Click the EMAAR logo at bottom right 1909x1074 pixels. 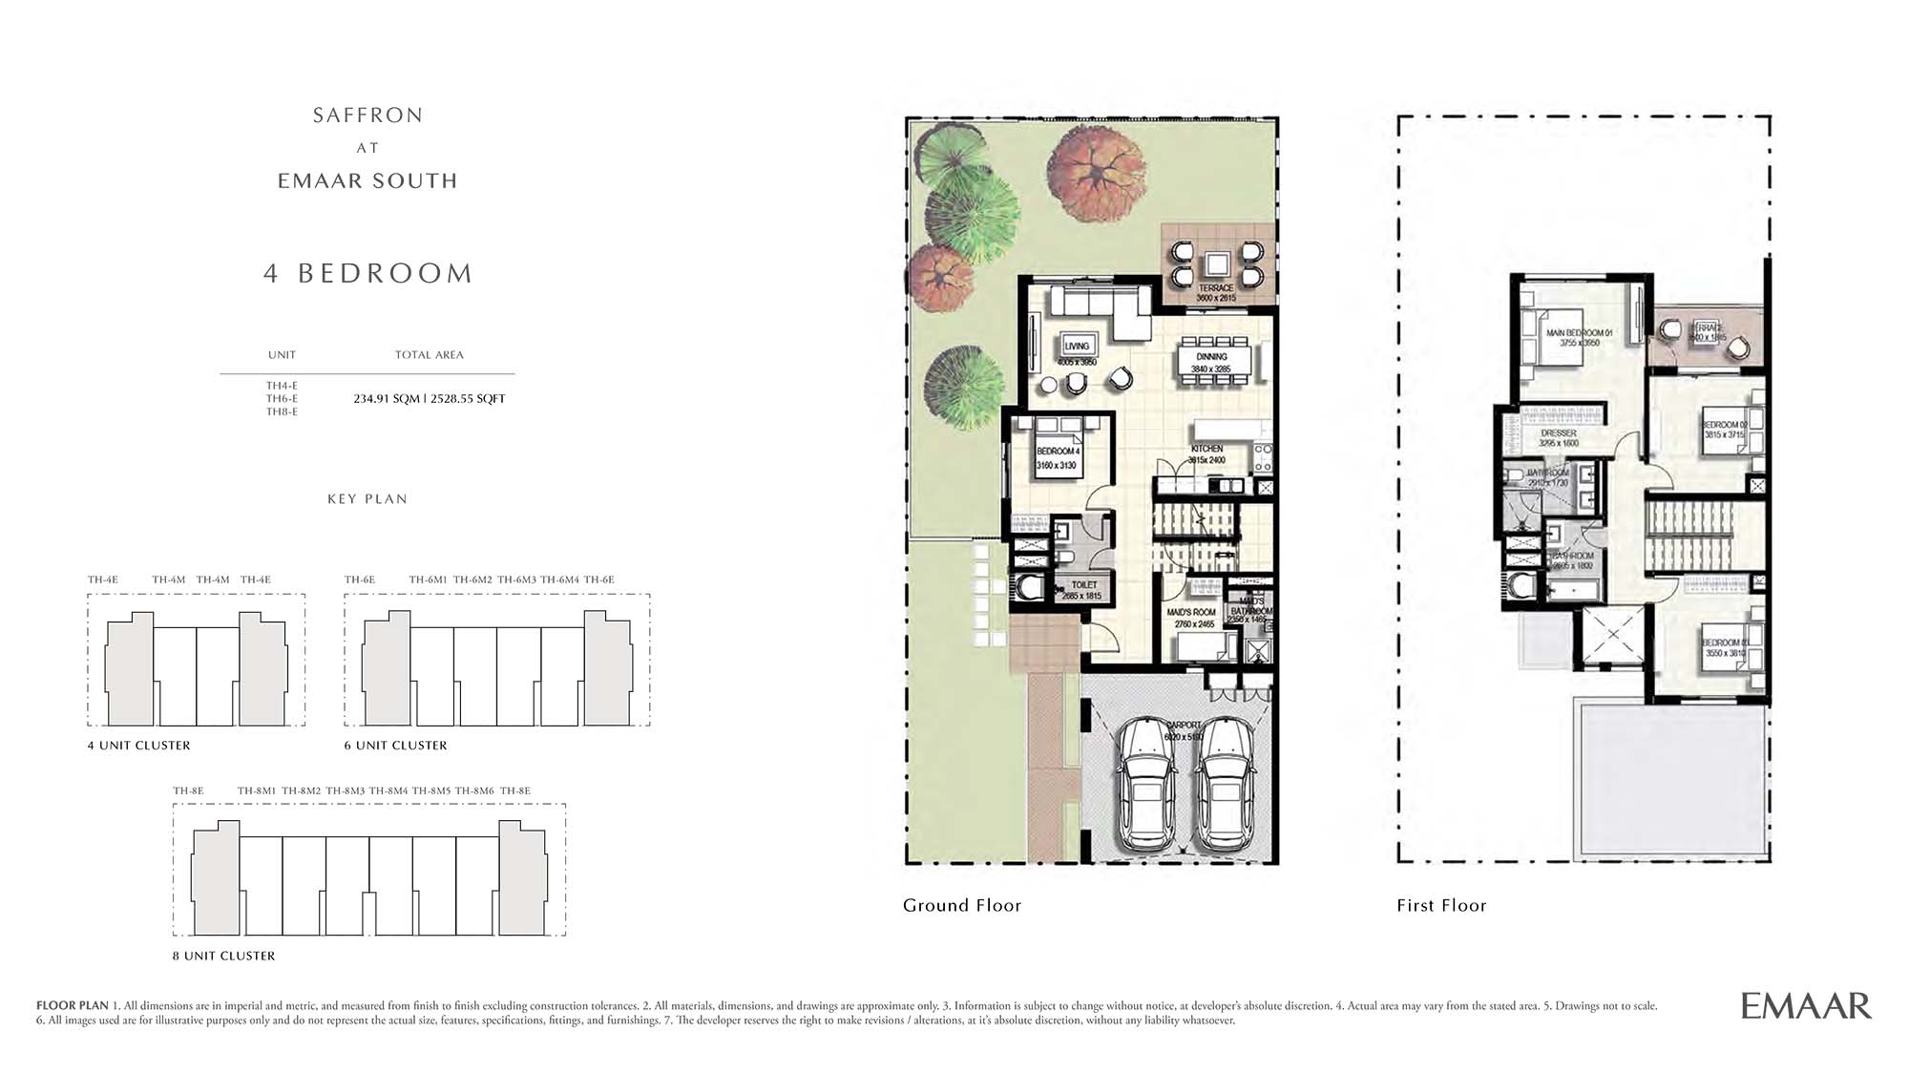[x=1805, y=1005]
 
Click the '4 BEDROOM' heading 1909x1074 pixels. [x=368, y=273]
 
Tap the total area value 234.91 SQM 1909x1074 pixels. [x=387, y=399]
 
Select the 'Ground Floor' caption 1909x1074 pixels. [x=961, y=905]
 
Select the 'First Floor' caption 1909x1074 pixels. [x=1441, y=905]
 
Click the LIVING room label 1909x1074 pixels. [x=1077, y=347]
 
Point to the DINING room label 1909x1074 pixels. [x=1211, y=357]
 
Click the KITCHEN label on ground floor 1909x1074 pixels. [x=1206, y=449]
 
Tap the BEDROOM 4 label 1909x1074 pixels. [x=1058, y=452]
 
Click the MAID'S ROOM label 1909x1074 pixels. [x=1191, y=613]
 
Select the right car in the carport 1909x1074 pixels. [x=1226, y=785]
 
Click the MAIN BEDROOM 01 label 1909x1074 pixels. [x=1579, y=333]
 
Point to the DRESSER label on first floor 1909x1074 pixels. [x=1559, y=433]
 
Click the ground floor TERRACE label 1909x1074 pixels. [x=1216, y=287]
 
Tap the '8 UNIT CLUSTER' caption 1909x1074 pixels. [x=223, y=956]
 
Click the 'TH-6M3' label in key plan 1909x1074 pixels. [x=516, y=579]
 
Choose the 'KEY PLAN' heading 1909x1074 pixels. [x=367, y=499]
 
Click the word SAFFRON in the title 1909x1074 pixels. [x=367, y=116]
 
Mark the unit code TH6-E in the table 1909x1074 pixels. [x=282, y=399]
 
